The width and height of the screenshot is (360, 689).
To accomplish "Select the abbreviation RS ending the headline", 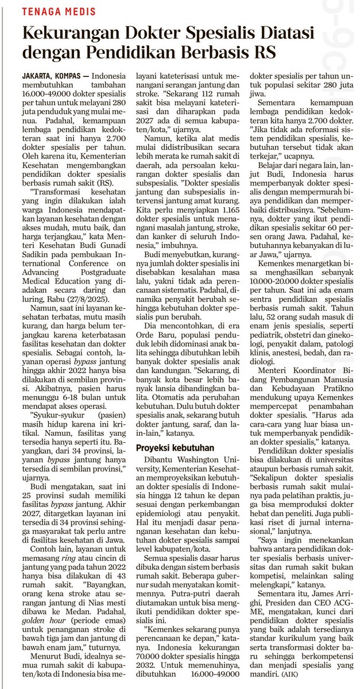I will tap(265, 55).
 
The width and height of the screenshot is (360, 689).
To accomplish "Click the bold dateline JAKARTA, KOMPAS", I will tap(52, 76).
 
